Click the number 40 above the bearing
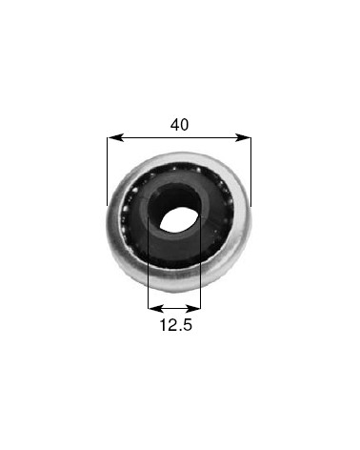(x=179, y=125)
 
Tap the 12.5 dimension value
(x=175, y=325)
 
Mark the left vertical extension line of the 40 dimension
(x=108, y=172)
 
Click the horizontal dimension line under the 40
(x=179, y=138)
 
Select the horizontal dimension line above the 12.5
(x=175, y=308)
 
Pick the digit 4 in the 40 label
(x=173, y=125)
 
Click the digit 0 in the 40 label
(x=185, y=125)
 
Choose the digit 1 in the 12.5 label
(x=162, y=325)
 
